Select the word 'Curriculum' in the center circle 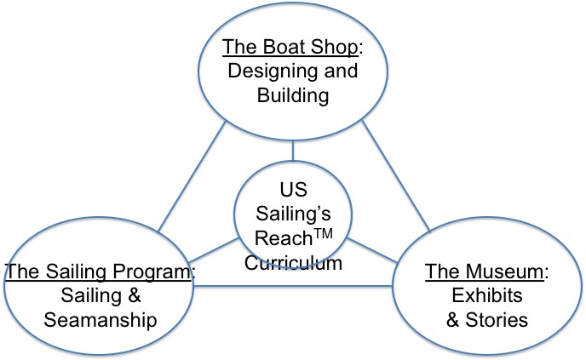pyautogui.click(x=293, y=262)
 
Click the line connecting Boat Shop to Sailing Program pyautogui.click(x=192, y=179)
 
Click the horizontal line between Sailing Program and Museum pyautogui.click(x=294, y=284)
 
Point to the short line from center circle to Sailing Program pyautogui.click(x=213, y=251)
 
